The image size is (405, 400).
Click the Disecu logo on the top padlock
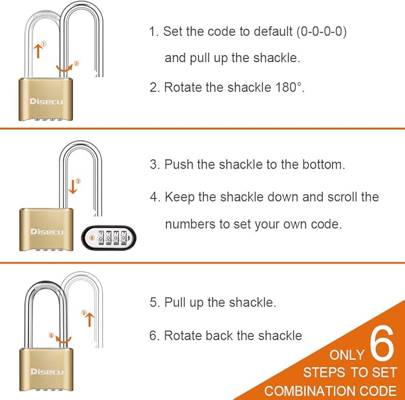point(46,102)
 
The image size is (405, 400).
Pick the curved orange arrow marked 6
point(61,338)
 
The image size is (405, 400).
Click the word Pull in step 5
point(175,303)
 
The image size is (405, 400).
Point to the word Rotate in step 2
point(181,87)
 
